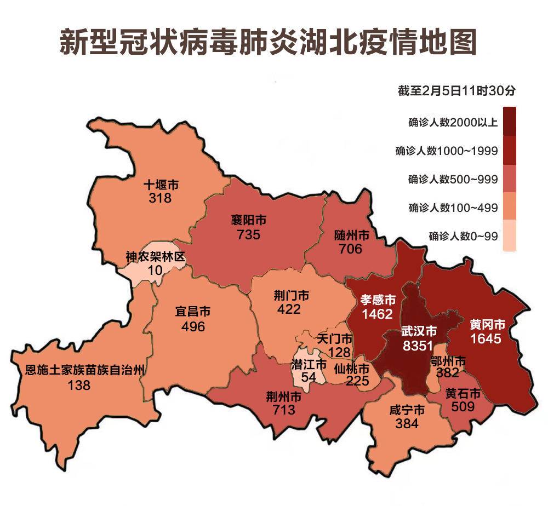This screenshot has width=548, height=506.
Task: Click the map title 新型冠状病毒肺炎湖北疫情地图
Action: pos(267,41)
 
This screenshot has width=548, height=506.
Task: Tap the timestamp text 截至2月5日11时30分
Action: pos(457,91)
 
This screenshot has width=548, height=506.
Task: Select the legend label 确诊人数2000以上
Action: pos(453,122)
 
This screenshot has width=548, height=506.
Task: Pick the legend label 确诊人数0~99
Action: pos(464,237)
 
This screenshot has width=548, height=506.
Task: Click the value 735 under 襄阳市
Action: pos(249,235)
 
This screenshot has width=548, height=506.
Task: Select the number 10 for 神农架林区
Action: pos(155,270)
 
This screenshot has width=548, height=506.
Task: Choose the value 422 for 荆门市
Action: pos(289,309)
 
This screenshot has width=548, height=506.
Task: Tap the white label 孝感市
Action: pos(378,300)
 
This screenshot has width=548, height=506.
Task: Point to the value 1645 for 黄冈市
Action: pos(486,339)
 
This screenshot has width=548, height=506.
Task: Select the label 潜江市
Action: pos(309,364)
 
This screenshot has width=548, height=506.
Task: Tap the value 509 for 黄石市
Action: pos(463,406)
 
